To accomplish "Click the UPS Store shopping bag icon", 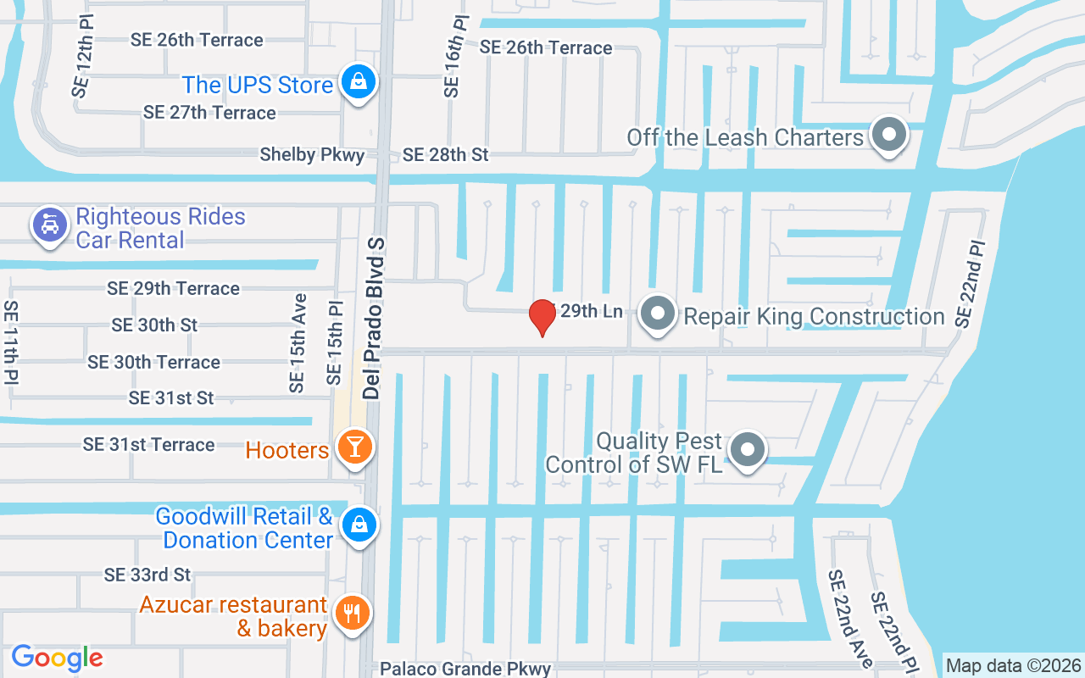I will [x=359, y=82].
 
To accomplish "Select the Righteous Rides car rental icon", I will [x=50, y=225].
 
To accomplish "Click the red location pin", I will [x=542, y=317].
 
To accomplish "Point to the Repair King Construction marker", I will [x=657, y=314].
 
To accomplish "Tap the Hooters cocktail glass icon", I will [x=354, y=446].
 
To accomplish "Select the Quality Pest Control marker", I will [x=747, y=449].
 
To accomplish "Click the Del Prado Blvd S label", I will [x=374, y=319].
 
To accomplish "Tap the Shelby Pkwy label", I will [x=312, y=155].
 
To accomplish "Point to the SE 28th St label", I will [x=446, y=155].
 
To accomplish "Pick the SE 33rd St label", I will [x=147, y=575].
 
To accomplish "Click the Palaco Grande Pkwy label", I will [x=465, y=669].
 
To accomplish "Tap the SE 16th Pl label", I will [x=454, y=55].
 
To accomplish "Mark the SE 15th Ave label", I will [x=297, y=343].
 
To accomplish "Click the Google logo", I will [x=57, y=658].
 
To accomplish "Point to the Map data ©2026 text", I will [x=1014, y=666].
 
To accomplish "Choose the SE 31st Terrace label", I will [x=148, y=445].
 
